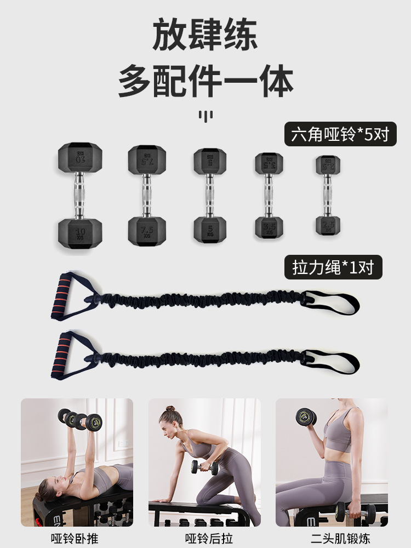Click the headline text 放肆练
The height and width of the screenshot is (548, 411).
coord(206,36)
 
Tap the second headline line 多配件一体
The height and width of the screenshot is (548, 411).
coord(206,81)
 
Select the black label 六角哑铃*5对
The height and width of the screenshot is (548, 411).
coord(340,134)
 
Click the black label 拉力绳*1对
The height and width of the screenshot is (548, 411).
coord(333,268)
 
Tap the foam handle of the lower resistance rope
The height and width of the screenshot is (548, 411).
coord(64,353)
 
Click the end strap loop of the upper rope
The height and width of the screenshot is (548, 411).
coord(332,302)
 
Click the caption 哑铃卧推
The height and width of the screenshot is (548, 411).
coord(77,538)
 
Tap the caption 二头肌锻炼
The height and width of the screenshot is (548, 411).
coord(332,538)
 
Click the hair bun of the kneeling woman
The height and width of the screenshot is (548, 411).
coord(170,409)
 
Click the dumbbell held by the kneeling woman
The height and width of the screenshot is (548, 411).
coord(204,467)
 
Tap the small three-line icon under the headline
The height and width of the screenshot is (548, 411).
coord(206,116)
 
